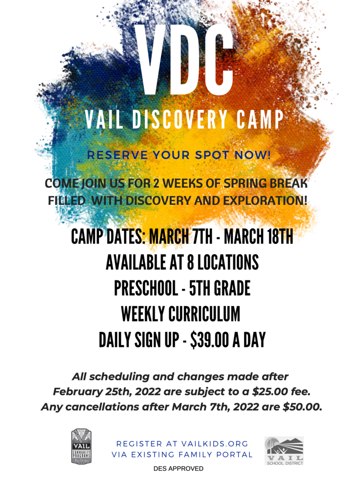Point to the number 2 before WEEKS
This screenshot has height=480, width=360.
[156, 183]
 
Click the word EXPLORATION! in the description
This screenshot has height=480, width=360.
[265, 201]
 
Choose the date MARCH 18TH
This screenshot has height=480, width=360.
[258, 236]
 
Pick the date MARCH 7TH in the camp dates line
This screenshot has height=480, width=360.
[180, 236]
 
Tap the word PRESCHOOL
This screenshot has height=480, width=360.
[146, 288]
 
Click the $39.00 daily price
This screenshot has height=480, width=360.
[210, 340]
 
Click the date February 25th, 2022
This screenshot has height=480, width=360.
[107, 392]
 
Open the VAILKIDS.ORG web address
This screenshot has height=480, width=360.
[215, 443]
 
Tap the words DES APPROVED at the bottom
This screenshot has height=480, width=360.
[179, 469]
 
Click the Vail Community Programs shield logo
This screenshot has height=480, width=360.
[82, 446]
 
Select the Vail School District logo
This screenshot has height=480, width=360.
[284, 450]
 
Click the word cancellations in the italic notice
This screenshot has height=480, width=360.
[102, 407]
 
